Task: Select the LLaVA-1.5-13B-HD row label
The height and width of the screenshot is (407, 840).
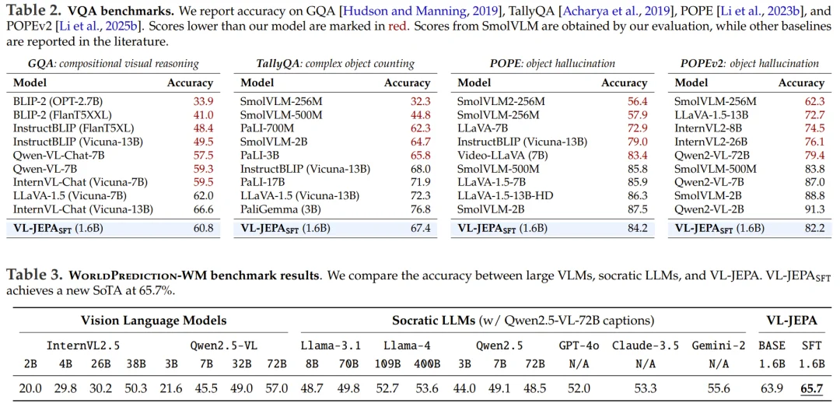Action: point(509,195)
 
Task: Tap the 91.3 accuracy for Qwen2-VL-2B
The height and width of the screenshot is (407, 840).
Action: point(813,209)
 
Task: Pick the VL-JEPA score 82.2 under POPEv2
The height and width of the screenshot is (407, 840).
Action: point(813,228)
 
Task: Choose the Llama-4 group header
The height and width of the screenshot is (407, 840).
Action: point(402,344)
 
